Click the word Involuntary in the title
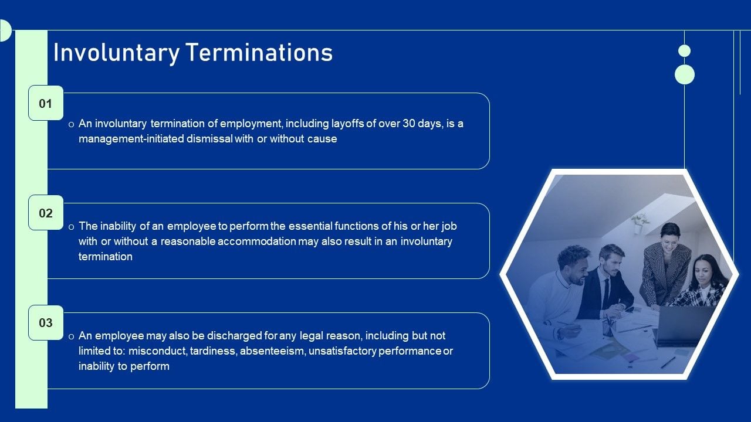[116, 53]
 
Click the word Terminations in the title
[259, 53]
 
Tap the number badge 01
[46, 104]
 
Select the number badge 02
[46, 213]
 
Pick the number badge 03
[46, 323]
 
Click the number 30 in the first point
[409, 124]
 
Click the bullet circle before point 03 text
[71, 336]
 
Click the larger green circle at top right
[685, 74]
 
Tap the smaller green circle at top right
[684, 51]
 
